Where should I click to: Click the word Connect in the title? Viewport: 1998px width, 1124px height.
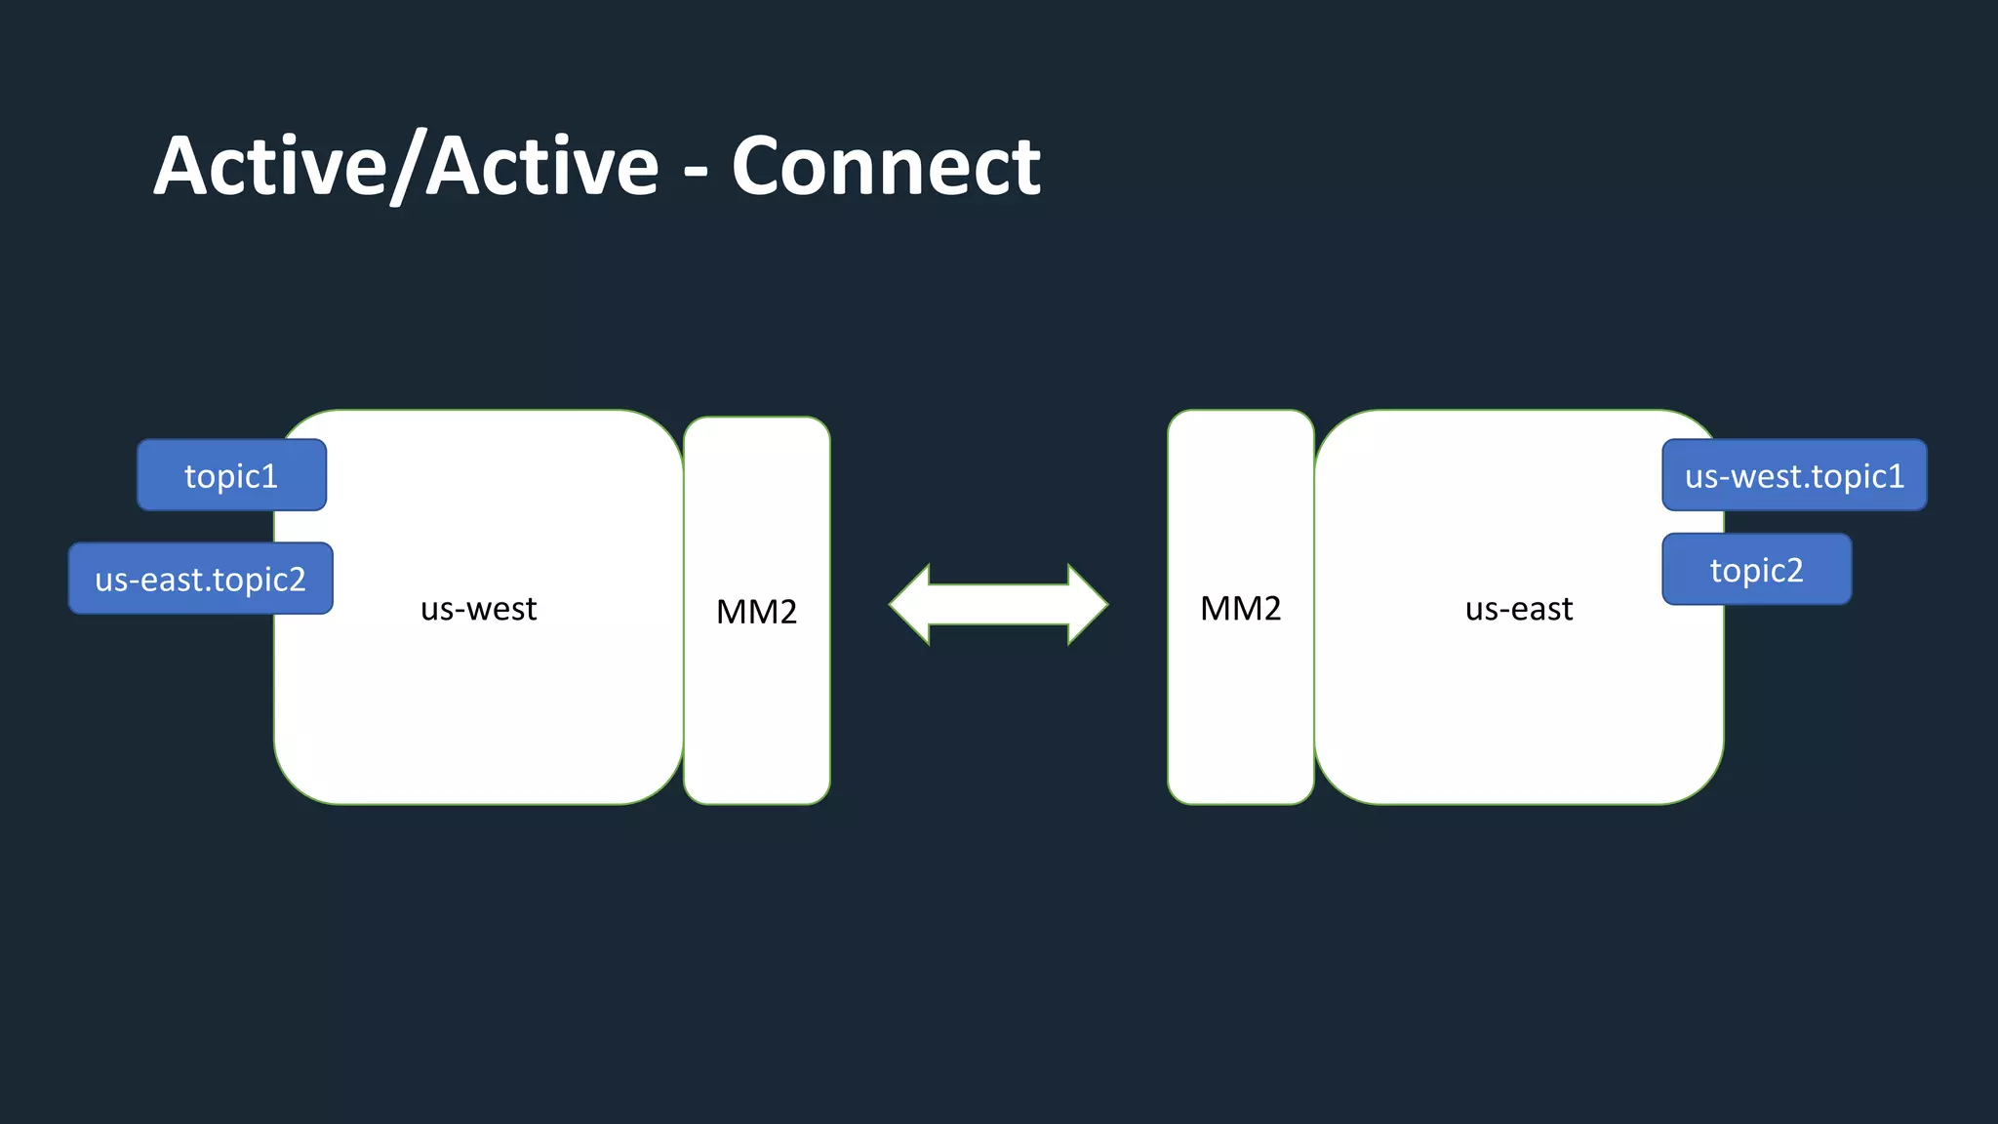pyautogui.click(x=886, y=167)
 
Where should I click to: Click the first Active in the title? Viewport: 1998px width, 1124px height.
pyautogui.click(x=270, y=167)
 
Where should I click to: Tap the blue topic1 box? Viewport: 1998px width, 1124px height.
pyautogui.click(x=231, y=475)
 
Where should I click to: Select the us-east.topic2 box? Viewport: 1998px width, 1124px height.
pyautogui.click(x=200, y=579)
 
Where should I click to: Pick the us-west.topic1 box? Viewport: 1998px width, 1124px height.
pyautogui.click(x=1794, y=475)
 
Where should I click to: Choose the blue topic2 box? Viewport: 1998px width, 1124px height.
pyautogui.click(x=1756, y=570)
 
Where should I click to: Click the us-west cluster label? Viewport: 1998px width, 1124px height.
pyautogui.click(x=478, y=609)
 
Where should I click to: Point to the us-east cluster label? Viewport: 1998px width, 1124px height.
pyautogui.click(x=1519, y=609)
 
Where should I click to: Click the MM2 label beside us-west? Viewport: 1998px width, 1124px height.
pyautogui.click(x=757, y=612)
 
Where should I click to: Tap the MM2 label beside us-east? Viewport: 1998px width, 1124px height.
pyautogui.click(x=1240, y=608)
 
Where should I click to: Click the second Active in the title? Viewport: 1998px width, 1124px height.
pyautogui.click(x=542, y=167)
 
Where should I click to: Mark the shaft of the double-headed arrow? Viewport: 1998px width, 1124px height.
pyautogui.click(x=999, y=605)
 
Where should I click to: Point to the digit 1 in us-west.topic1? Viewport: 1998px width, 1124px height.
pyautogui.click(x=1896, y=475)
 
